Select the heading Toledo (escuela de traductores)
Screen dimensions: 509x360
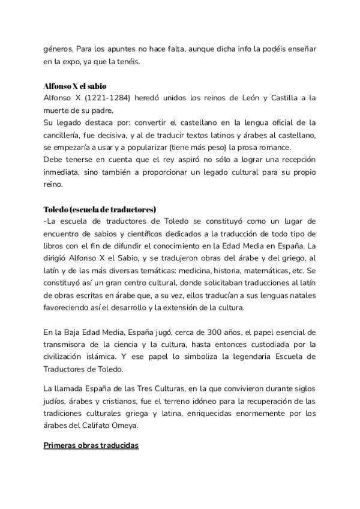100,209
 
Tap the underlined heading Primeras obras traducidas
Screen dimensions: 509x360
91,446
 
